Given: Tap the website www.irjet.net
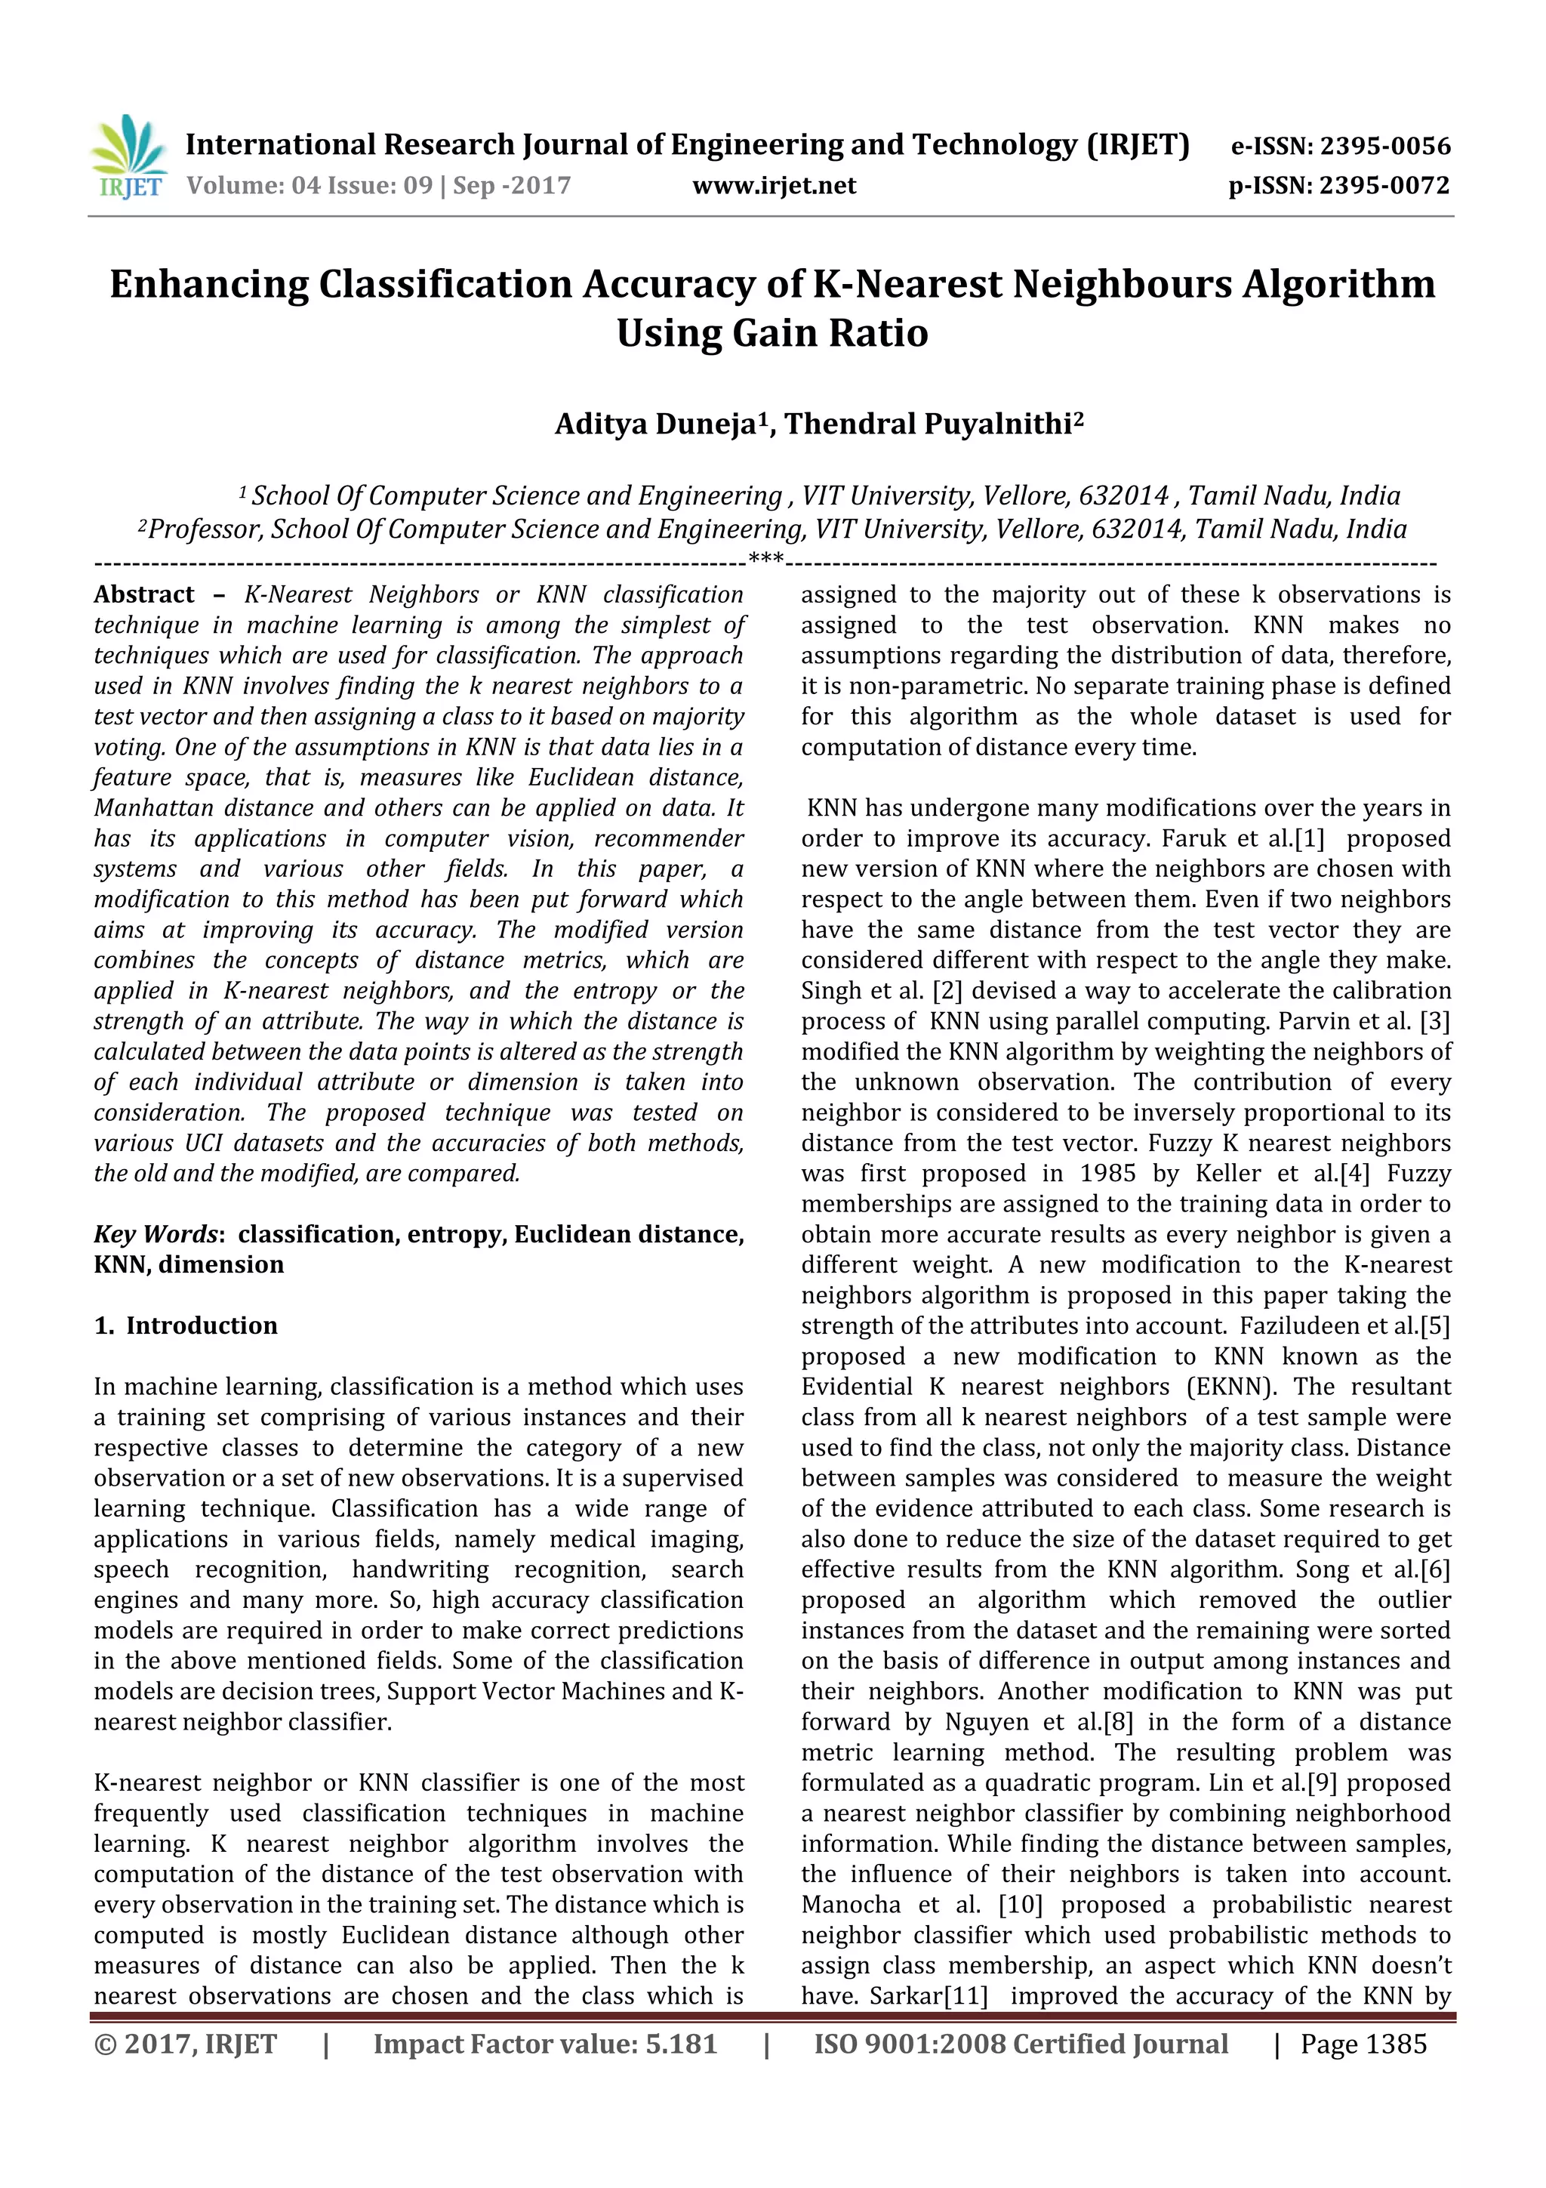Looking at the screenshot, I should tap(774, 185).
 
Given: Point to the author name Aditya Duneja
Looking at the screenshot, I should tap(655, 424).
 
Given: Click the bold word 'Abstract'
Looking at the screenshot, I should tap(144, 594).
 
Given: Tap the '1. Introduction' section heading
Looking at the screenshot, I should tap(186, 1325).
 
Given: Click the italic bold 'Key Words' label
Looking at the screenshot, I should tap(156, 1234).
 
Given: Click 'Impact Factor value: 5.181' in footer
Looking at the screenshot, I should tap(545, 2044).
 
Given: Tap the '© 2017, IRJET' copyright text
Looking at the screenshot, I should tap(186, 2044).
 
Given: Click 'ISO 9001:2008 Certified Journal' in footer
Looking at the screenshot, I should tap(1021, 2044).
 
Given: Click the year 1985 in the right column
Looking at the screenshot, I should tap(1107, 1173).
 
